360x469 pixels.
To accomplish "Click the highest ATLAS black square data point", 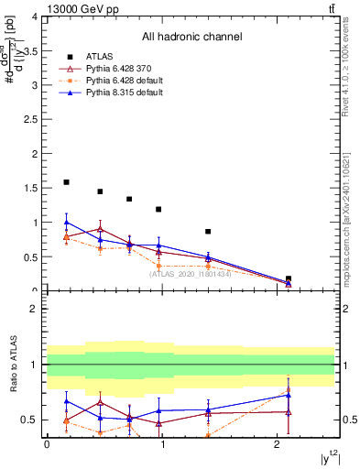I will click(x=66, y=182).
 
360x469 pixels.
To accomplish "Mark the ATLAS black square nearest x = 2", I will click(x=289, y=278).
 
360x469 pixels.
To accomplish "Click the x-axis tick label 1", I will click(x=162, y=444).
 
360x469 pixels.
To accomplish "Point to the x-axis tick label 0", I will click(x=47, y=444).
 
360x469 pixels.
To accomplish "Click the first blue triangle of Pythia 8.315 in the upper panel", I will click(x=66, y=222).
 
